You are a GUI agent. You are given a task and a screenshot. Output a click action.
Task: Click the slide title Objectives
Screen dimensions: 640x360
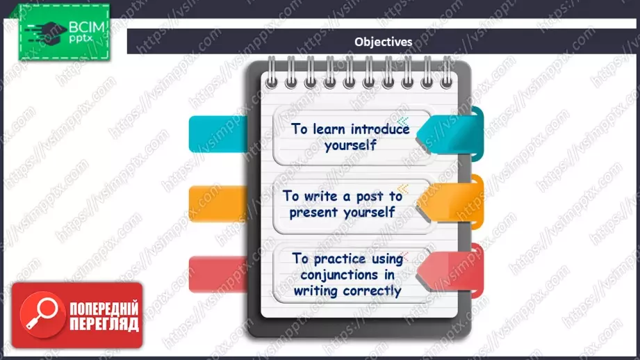coord(384,42)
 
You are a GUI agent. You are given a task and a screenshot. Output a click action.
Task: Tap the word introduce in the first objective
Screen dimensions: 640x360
coord(380,129)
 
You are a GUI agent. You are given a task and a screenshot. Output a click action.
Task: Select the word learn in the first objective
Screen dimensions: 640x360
coord(329,129)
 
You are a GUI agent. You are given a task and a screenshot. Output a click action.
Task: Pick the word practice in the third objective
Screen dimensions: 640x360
coord(340,259)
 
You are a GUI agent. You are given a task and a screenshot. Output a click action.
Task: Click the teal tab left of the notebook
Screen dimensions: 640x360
coord(218,134)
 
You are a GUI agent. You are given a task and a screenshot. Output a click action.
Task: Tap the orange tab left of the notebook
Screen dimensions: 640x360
coord(218,204)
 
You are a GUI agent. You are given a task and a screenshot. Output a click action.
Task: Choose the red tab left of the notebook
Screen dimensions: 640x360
coord(218,274)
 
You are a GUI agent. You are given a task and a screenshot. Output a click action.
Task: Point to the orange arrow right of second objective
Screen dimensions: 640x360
coord(449,202)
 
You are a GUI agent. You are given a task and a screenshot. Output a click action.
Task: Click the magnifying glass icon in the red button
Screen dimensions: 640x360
coord(43,315)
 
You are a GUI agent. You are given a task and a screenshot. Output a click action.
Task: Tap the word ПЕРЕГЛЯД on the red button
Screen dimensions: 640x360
coord(104,324)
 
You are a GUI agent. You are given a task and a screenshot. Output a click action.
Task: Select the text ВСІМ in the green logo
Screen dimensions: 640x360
coord(87,27)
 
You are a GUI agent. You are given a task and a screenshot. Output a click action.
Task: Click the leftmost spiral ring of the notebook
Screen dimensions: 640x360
coord(272,73)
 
